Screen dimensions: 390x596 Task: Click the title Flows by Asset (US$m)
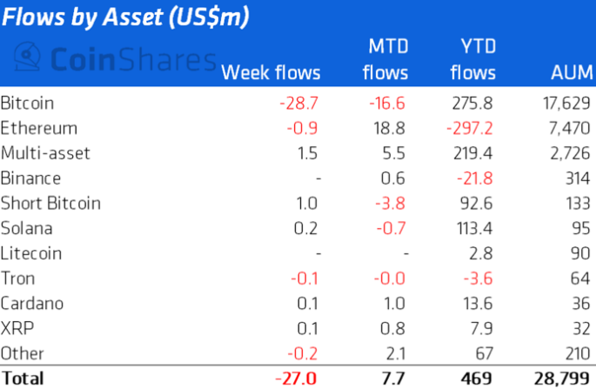[x=124, y=17]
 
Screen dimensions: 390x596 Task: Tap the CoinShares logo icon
[x=30, y=59]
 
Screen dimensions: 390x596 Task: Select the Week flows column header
[x=271, y=72]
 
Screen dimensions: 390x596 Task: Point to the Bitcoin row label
[x=28, y=103]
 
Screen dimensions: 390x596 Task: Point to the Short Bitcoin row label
[x=51, y=204]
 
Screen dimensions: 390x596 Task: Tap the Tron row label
[x=17, y=279]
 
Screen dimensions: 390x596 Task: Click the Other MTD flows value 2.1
[x=397, y=354]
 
